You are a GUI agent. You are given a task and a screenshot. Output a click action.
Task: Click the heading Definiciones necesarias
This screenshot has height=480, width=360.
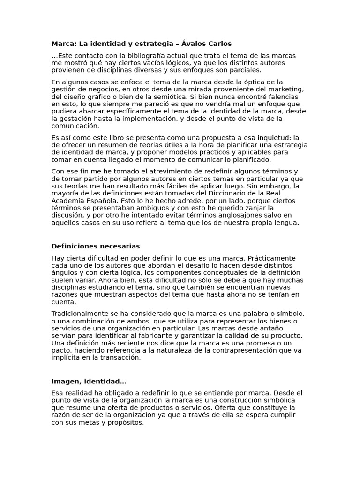[x=96, y=246]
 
